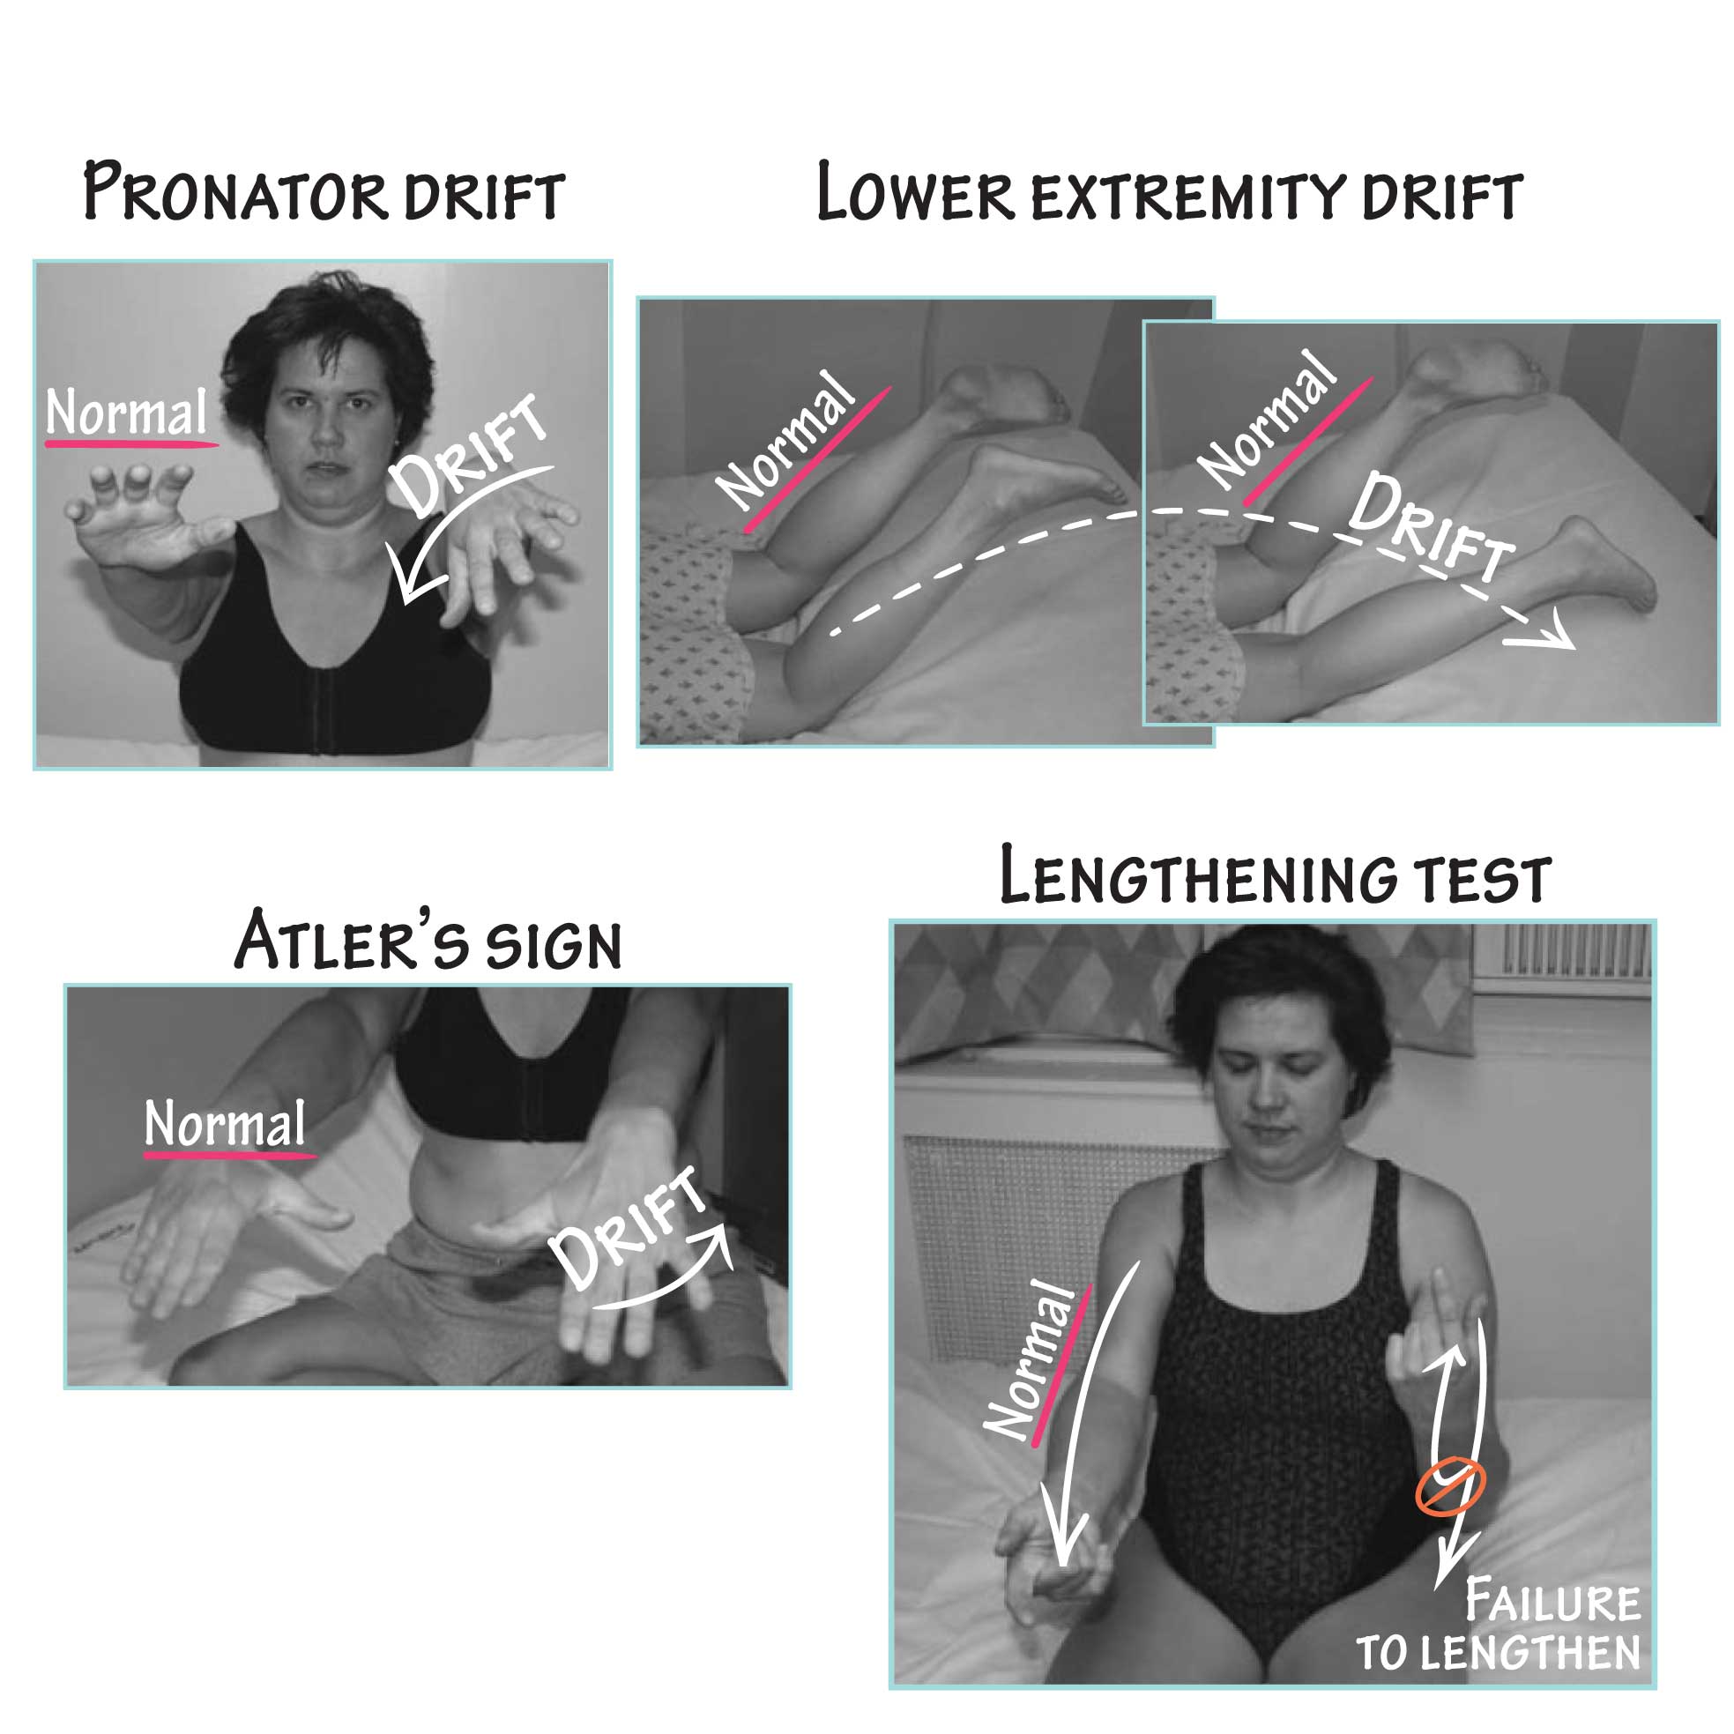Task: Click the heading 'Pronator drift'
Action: [x=324, y=190]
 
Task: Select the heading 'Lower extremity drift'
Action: [x=1169, y=192]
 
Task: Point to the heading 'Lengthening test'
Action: [x=1275, y=877]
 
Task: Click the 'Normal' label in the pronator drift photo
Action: [x=127, y=413]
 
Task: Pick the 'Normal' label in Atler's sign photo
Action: [x=226, y=1124]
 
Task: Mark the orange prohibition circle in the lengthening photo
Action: [x=1450, y=1486]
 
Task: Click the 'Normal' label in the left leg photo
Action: [x=786, y=442]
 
